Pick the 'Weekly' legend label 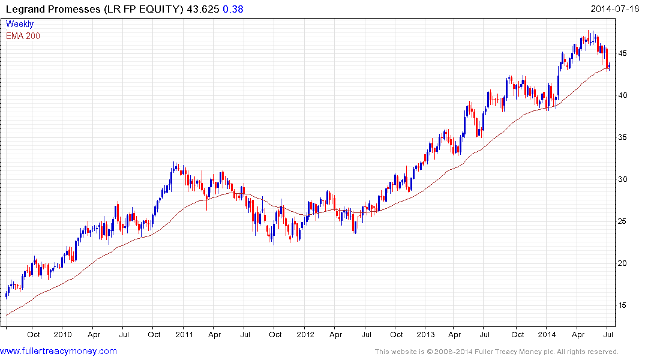20,25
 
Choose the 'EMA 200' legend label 23,36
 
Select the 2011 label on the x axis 184,335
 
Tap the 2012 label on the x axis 305,335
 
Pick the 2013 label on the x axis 425,335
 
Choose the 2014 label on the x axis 547,335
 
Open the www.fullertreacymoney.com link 59,351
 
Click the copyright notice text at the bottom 496,352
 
